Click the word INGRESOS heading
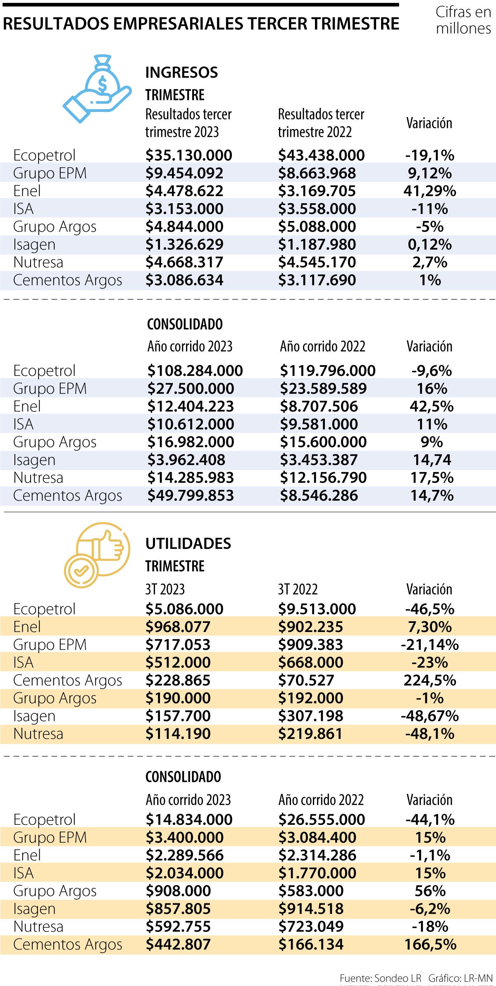pyautogui.click(x=181, y=73)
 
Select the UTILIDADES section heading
pyautogui.click(x=188, y=544)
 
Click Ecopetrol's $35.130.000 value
pyautogui.click(x=189, y=155)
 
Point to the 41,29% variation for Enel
pyautogui.click(x=429, y=191)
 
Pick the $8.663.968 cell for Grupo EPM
pyautogui.click(x=317, y=173)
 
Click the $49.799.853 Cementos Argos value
pyautogui.click(x=191, y=496)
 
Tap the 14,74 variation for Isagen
pyautogui.click(x=432, y=460)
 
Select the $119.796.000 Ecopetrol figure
pyautogui.click(x=328, y=371)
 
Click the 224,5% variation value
pyautogui.click(x=430, y=680)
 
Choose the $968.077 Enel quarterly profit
pyautogui.click(x=178, y=627)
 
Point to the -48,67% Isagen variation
pyautogui.click(x=430, y=716)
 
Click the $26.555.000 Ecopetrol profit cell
pyautogui.click(x=322, y=820)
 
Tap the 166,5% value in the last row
pyautogui.click(x=430, y=944)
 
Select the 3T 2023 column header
pyautogui.click(x=165, y=589)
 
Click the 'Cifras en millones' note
pyautogui.click(x=463, y=20)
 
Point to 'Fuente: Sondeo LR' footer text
pyautogui.click(x=380, y=978)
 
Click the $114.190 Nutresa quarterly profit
pyautogui.click(x=178, y=734)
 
